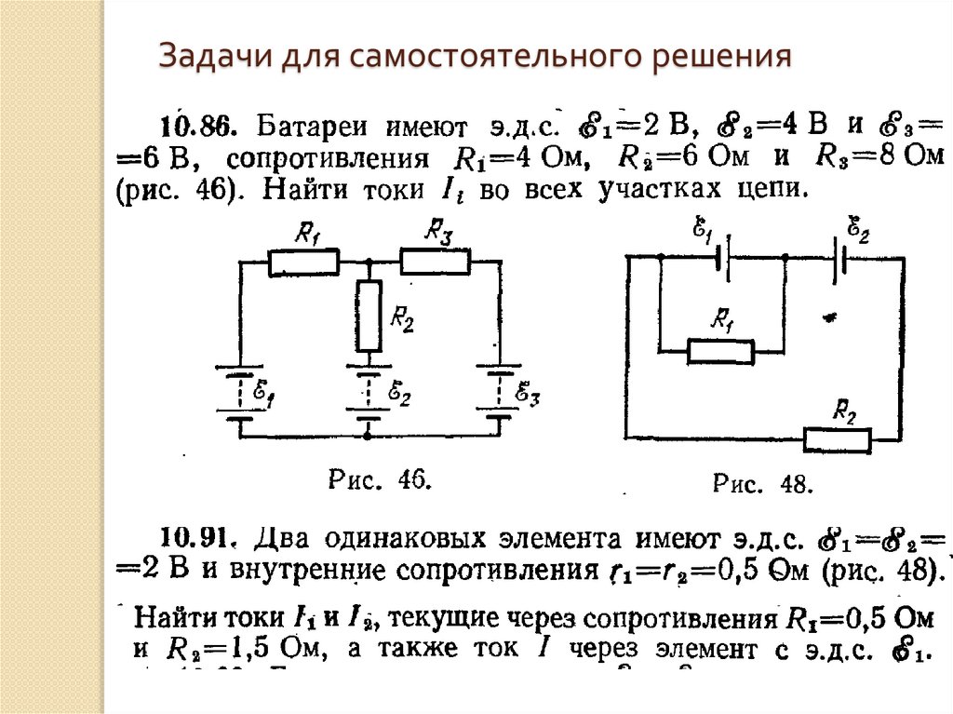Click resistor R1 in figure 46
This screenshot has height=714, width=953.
303,263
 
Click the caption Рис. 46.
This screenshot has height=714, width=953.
378,479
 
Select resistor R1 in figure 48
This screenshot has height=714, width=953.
720,351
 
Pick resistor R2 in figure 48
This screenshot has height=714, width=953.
838,438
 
